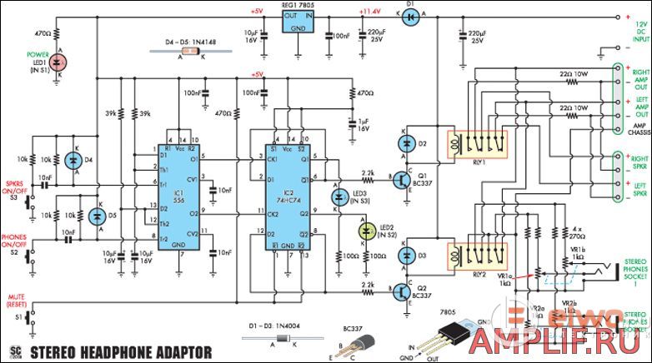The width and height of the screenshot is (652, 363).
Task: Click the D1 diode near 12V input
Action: (x=409, y=14)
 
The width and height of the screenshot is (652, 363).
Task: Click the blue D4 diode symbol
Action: (x=72, y=160)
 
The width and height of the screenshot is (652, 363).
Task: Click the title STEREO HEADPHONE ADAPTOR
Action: (x=121, y=351)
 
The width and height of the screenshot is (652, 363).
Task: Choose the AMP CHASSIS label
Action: (x=636, y=122)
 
